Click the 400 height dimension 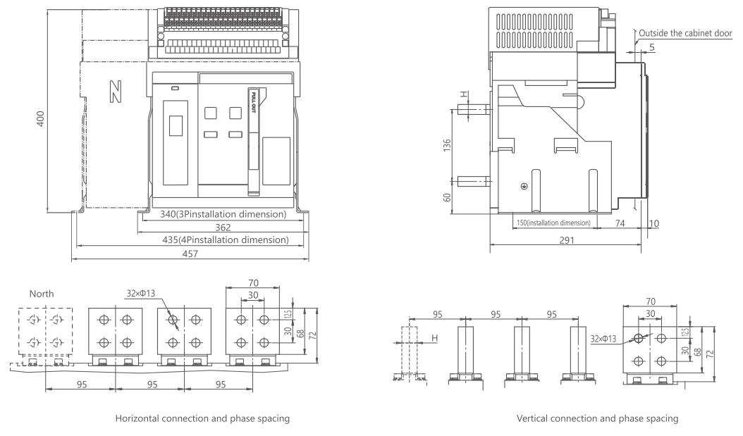(x=41, y=118)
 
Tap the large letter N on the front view (x=116, y=92)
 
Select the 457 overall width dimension (x=190, y=254)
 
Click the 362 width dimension (x=223, y=228)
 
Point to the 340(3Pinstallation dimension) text (x=223, y=214)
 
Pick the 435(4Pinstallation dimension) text (x=226, y=240)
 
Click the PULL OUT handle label (x=254, y=102)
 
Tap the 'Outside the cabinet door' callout (x=685, y=33)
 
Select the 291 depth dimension (x=566, y=240)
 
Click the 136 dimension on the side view (x=447, y=145)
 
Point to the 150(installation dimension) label (x=553, y=223)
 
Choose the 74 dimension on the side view (x=620, y=223)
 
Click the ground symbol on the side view (x=524, y=187)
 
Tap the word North (x=42, y=294)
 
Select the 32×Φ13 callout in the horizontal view (x=141, y=294)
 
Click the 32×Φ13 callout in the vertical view (x=603, y=339)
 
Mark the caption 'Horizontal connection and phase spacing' (x=202, y=418)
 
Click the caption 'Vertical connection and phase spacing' (x=597, y=418)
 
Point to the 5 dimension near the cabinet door (x=652, y=47)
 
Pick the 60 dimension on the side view (x=447, y=197)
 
